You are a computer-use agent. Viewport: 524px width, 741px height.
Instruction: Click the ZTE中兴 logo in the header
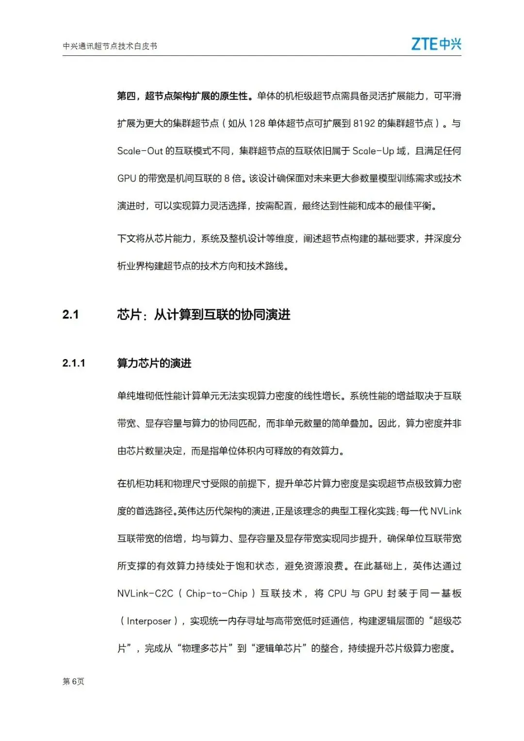pyautogui.click(x=436, y=44)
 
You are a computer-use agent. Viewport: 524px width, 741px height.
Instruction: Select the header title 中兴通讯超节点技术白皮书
pyautogui.click(x=110, y=46)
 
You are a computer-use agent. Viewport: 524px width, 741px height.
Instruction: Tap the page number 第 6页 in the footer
pyautogui.click(x=73, y=681)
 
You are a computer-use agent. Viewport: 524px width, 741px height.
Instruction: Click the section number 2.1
pyautogui.click(x=70, y=315)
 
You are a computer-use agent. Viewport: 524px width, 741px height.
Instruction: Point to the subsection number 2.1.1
pyautogui.click(x=74, y=363)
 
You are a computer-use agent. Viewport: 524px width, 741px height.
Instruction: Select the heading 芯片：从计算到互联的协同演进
pyautogui.click(x=204, y=315)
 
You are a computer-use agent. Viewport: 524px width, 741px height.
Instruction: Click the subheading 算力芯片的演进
pyautogui.click(x=154, y=363)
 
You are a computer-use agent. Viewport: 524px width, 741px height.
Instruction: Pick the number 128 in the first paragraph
pyautogui.click(x=257, y=124)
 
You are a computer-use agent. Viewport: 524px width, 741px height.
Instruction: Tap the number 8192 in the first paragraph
pyautogui.click(x=364, y=124)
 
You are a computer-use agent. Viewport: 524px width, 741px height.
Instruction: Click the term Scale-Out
pyautogui.click(x=140, y=151)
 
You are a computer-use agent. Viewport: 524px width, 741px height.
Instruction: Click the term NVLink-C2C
pyautogui.click(x=145, y=593)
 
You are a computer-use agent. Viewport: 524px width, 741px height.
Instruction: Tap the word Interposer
pyautogui.click(x=149, y=621)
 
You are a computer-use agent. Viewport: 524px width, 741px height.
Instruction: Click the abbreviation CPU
pyautogui.click(x=337, y=593)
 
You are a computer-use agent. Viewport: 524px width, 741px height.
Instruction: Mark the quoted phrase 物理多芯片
pyautogui.click(x=205, y=648)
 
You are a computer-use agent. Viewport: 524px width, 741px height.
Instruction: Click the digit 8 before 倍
pyautogui.click(x=227, y=179)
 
